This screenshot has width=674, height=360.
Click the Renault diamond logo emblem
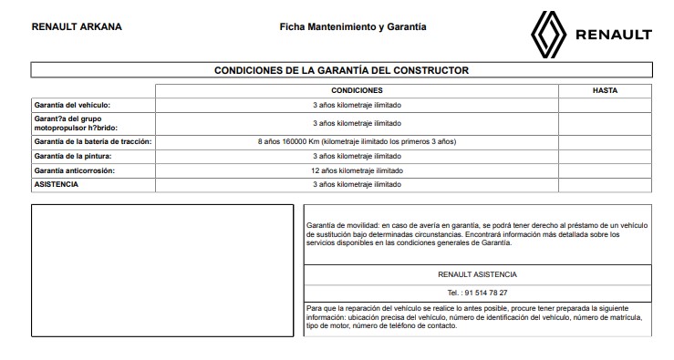coord(550,35)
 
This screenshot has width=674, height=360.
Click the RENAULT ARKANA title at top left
coord(77,26)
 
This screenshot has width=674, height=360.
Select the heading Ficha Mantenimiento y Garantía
coord(353,26)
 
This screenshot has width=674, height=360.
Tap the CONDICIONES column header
coord(357,91)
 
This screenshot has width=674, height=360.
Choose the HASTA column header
coord(605,91)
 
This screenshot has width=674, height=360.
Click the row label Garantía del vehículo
coord(71,105)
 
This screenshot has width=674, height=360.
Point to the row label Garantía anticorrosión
coord(74,170)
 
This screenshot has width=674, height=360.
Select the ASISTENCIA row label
coord(56,184)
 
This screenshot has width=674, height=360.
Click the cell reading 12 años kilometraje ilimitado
coord(357,170)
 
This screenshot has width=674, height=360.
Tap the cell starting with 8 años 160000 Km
coord(357,142)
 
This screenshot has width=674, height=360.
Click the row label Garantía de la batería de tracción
coord(92,142)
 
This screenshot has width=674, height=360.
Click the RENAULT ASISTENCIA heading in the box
coord(478,274)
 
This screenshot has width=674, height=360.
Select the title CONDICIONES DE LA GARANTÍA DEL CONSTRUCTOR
coord(342,69)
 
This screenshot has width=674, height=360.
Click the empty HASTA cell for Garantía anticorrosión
coord(605,170)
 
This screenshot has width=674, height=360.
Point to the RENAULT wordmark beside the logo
coord(613,36)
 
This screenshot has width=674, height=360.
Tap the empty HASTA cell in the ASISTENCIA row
coord(605,184)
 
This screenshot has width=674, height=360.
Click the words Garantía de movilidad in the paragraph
coord(342,223)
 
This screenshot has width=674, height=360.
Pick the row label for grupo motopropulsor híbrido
coord(78,123)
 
